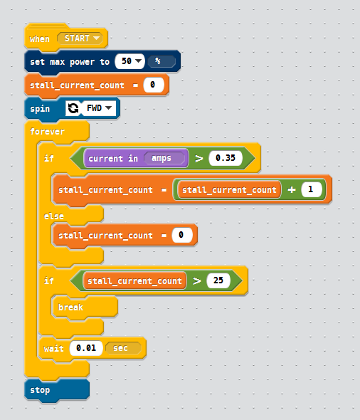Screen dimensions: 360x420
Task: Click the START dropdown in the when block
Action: click(x=80, y=38)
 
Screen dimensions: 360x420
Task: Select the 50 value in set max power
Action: click(x=129, y=61)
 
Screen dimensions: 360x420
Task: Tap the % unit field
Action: click(x=162, y=61)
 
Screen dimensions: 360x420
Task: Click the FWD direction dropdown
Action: click(x=99, y=108)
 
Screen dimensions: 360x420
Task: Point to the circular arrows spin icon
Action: click(x=73, y=108)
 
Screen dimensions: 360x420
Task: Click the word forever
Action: click(x=47, y=131)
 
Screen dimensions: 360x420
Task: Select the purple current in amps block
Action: click(x=136, y=158)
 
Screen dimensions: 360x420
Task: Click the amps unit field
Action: click(x=164, y=158)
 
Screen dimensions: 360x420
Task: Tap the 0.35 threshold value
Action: click(x=226, y=158)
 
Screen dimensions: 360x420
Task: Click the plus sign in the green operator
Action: click(x=292, y=189)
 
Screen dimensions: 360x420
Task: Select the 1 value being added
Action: click(x=312, y=189)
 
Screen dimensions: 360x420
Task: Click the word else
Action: click(x=54, y=216)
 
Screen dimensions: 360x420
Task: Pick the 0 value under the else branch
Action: click(x=181, y=235)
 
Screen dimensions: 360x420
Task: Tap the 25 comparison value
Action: click(x=218, y=280)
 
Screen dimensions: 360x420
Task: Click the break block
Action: click(x=85, y=307)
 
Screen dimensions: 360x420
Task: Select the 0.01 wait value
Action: click(x=86, y=348)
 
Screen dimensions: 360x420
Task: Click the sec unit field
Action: click(x=123, y=348)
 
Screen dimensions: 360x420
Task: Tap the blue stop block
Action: click(x=57, y=390)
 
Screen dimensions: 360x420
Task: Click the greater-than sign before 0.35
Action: click(x=199, y=158)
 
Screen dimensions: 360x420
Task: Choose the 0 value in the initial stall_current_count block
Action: click(x=154, y=85)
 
